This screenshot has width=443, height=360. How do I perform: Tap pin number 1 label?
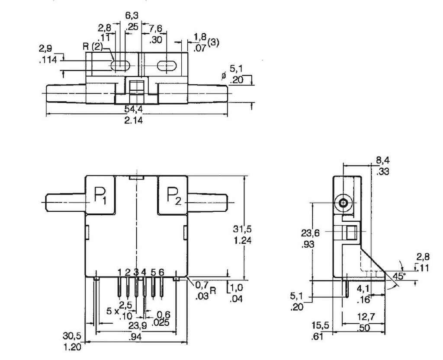click(x=120, y=272)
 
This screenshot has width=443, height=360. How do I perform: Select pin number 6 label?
click(x=161, y=272)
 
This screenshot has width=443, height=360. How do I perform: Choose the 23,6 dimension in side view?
click(x=310, y=233)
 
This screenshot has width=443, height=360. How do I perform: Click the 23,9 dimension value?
click(x=136, y=325)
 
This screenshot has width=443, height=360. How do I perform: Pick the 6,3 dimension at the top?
click(x=132, y=16)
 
